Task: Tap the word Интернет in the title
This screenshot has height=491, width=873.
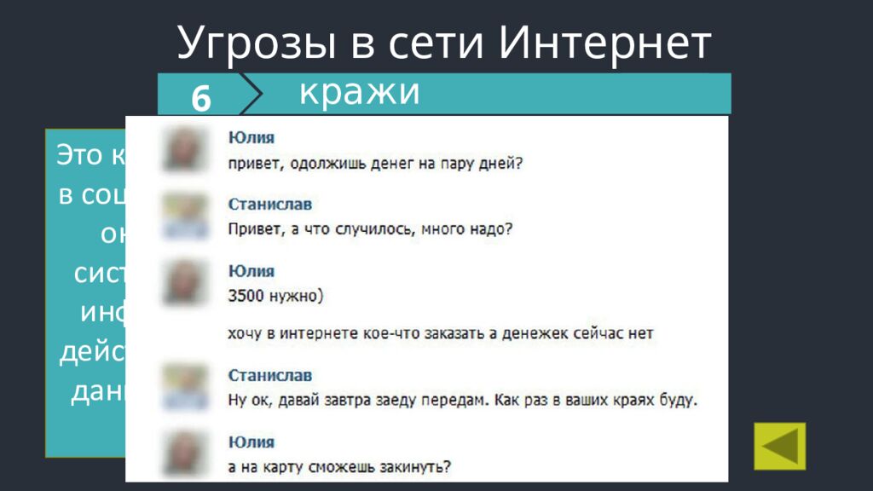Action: click(604, 43)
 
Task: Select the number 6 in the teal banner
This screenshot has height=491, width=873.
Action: click(201, 99)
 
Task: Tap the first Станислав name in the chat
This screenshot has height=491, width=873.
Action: click(270, 205)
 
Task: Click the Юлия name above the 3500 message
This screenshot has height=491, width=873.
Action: click(251, 271)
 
